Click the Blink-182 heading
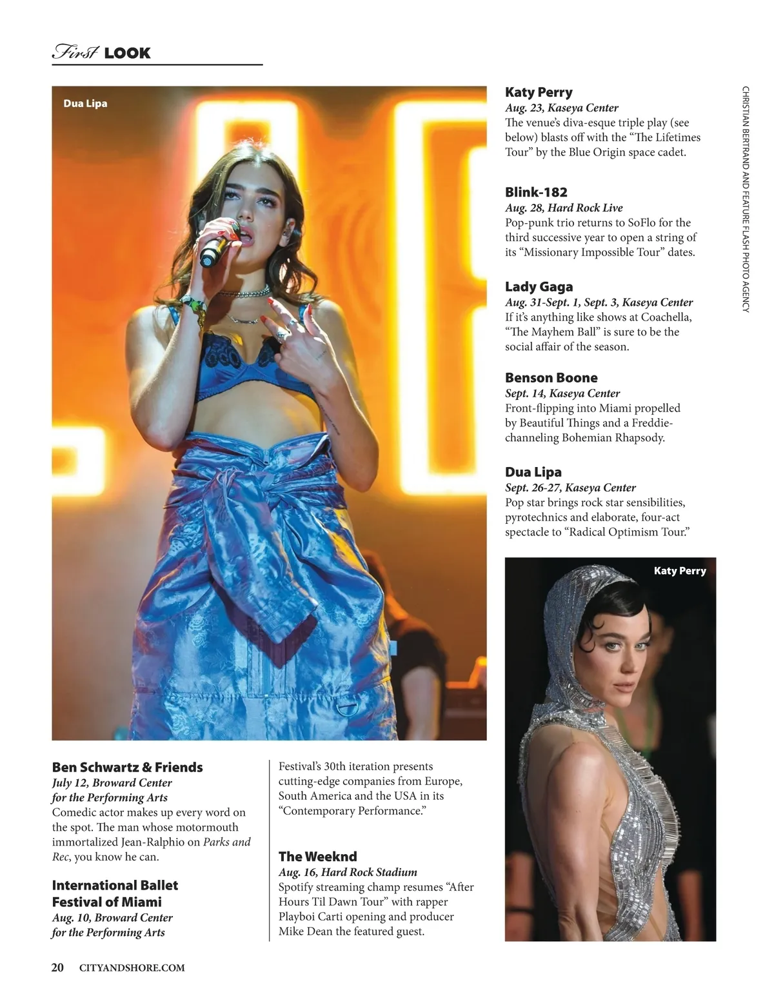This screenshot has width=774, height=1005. tap(536, 192)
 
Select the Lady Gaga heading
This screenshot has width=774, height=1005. tap(539, 287)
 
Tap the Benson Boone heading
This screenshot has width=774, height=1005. tap(551, 378)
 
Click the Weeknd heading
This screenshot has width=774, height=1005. tap(317, 857)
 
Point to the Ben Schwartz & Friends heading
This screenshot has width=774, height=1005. tap(127, 767)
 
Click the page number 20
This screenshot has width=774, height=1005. tap(57, 967)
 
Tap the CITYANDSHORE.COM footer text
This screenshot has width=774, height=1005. tap(132, 968)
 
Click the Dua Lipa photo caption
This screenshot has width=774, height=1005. tap(85, 103)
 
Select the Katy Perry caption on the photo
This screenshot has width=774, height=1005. tap(679, 570)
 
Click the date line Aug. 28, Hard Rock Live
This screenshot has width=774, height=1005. tap(563, 208)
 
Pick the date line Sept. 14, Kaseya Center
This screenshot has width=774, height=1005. tap(562, 393)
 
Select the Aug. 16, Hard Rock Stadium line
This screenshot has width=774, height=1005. tap(348, 872)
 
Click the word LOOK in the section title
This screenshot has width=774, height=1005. tap(127, 53)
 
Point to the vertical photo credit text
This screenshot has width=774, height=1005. tap(746, 199)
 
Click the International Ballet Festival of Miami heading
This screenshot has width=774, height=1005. tap(114, 893)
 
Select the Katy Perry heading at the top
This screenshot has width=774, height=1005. tap(539, 92)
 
